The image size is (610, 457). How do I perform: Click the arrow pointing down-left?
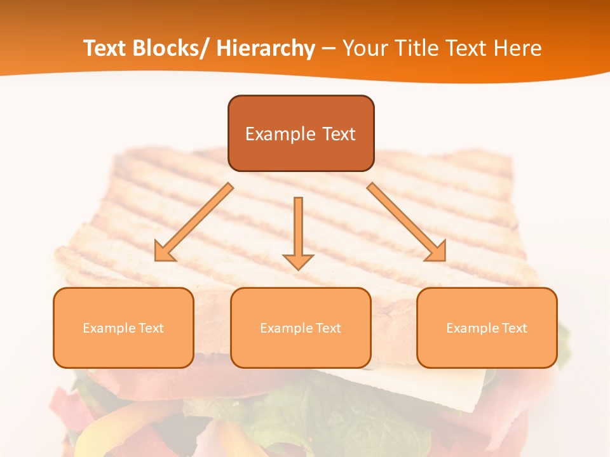(194, 223)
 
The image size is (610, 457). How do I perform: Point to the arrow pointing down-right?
(407, 222)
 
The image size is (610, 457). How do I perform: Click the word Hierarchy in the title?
(266, 48)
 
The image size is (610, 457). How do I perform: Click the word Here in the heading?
(519, 48)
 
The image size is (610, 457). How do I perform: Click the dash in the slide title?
(329, 49)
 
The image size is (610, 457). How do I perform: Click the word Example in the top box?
(280, 134)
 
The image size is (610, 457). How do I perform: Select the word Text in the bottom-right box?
(513, 328)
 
